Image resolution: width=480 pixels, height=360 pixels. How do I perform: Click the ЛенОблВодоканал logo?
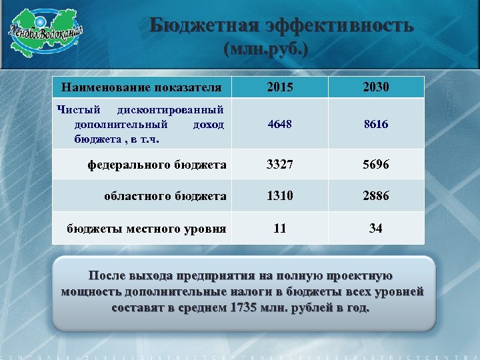[45, 32]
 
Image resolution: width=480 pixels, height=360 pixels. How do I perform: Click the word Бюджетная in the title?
[203, 25]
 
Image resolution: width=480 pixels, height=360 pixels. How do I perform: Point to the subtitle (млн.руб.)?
[267, 51]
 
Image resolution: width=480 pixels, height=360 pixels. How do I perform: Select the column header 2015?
[280, 87]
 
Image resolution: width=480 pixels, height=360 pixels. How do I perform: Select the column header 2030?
[376, 87]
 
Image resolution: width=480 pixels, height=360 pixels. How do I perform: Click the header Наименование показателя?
[141, 87]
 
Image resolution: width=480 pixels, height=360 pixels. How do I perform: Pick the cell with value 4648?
[280, 124]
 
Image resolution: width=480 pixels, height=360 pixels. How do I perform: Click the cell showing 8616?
[376, 124]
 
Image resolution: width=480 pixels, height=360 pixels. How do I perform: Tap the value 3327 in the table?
[280, 164]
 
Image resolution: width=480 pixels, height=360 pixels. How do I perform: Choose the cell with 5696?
[376, 164]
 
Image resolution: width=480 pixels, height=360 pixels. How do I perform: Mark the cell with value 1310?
[280, 196]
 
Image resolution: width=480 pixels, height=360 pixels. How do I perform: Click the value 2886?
[376, 196]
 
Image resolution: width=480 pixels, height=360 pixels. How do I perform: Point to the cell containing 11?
[280, 228]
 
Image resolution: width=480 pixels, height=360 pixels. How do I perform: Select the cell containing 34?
[376, 228]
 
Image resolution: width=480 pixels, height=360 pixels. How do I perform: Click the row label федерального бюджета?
[157, 164]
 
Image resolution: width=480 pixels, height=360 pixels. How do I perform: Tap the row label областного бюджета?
[165, 196]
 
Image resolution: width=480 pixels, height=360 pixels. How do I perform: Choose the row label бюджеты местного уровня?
[146, 229]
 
